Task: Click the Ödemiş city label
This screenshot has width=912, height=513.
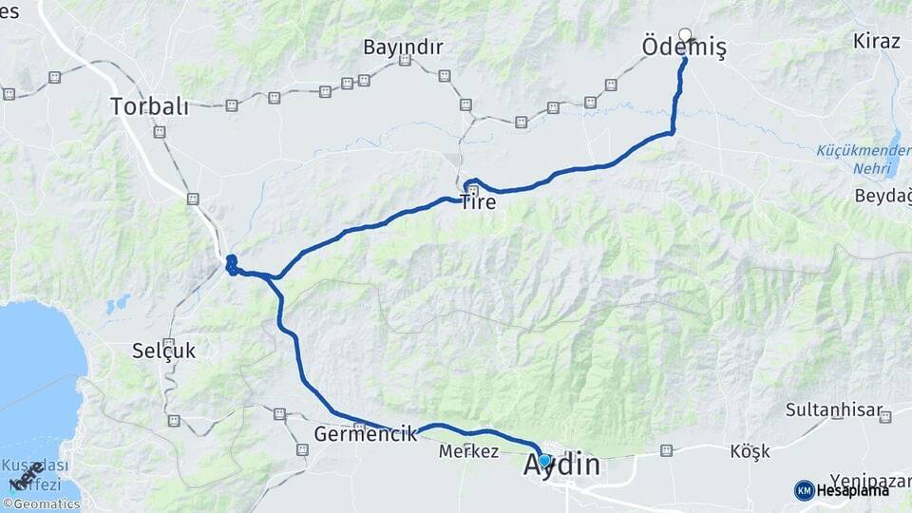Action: pos(683,47)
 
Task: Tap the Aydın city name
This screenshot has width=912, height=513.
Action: pos(562,465)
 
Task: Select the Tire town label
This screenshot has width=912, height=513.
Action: pos(478,201)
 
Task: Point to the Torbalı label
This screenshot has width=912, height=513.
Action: pos(149,105)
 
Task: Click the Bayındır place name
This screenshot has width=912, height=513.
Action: pos(403,47)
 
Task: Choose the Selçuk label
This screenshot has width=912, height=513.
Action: pos(164,351)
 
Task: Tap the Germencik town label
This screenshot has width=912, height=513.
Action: pos(366,435)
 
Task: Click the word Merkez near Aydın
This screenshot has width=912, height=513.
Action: pos(468,452)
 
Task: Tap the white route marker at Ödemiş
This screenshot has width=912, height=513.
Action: pos(685,34)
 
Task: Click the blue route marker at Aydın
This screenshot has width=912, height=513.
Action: pos(544,461)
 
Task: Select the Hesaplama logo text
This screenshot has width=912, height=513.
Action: pos(852,490)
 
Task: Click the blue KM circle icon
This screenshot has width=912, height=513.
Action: pos(804,490)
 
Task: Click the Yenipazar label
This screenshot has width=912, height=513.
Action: pos(870,480)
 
